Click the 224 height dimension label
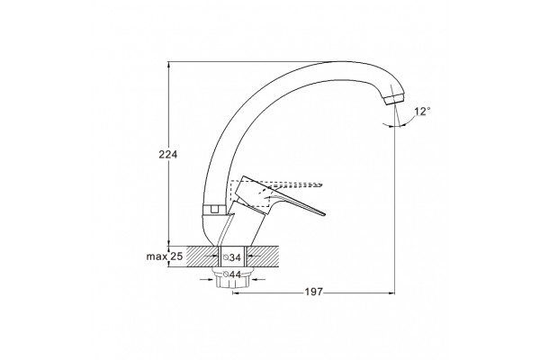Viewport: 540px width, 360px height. (x=168, y=155)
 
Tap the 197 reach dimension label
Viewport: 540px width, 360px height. (x=314, y=292)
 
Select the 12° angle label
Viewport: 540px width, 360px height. (x=423, y=112)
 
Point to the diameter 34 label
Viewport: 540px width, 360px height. (x=232, y=257)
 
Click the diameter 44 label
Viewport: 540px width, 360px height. (x=232, y=274)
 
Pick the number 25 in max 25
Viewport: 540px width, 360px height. (x=176, y=256)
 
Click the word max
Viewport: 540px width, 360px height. (x=157, y=257)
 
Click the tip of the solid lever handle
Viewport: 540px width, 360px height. (x=323, y=213)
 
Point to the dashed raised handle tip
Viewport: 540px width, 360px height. (x=319, y=184)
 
